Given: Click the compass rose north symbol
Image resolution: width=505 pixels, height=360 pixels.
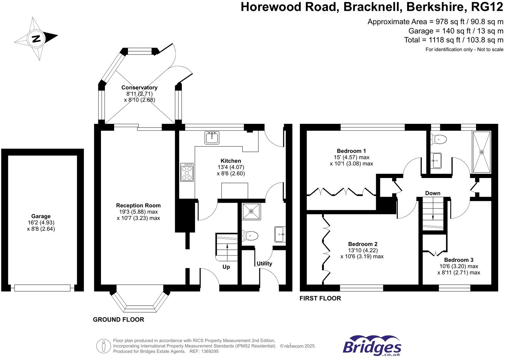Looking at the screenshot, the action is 36,38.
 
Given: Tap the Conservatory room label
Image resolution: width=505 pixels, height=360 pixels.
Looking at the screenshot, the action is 139,88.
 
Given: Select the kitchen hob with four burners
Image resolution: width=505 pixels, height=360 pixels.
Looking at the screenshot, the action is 187,172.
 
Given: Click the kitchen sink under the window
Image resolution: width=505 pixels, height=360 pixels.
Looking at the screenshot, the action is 212,138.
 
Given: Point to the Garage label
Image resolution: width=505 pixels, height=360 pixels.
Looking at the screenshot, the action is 41,216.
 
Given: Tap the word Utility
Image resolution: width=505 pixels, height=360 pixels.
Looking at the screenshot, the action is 264,263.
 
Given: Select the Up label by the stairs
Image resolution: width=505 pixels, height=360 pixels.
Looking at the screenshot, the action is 226,267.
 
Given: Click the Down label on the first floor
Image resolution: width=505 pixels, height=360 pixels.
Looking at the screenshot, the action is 433,193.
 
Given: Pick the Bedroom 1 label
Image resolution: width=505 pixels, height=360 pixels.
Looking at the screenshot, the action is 351,151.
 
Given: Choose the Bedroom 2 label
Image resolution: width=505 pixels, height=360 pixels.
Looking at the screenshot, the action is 363,244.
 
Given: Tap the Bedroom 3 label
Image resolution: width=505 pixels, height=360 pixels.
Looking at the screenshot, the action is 459,260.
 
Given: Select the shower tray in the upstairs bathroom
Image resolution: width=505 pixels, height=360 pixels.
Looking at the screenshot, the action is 482,152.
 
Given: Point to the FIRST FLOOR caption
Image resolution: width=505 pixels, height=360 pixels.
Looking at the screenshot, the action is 320,298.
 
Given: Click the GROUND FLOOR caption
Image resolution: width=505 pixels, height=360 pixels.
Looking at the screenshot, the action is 118,320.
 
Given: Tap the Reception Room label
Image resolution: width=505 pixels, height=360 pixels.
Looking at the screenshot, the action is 138,206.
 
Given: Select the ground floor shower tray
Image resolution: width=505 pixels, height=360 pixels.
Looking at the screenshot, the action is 252,211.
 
